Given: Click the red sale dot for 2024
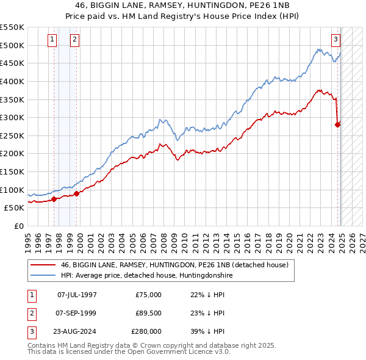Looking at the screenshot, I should pos(338,124).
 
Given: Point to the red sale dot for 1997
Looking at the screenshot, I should pos(54,198).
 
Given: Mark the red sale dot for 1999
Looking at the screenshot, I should pos(77,193).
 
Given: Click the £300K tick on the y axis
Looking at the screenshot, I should pos(12,117).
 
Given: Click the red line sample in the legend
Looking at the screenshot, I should pos(43,265).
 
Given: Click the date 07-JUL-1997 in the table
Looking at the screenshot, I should pos(76,295).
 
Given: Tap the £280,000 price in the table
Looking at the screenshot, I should pos(146,331).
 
